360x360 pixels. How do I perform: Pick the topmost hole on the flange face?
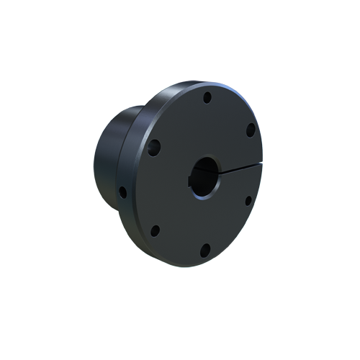point(207,97)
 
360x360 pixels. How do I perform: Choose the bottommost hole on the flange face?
point(205,250)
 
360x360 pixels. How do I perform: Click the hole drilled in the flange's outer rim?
point(122,192)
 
